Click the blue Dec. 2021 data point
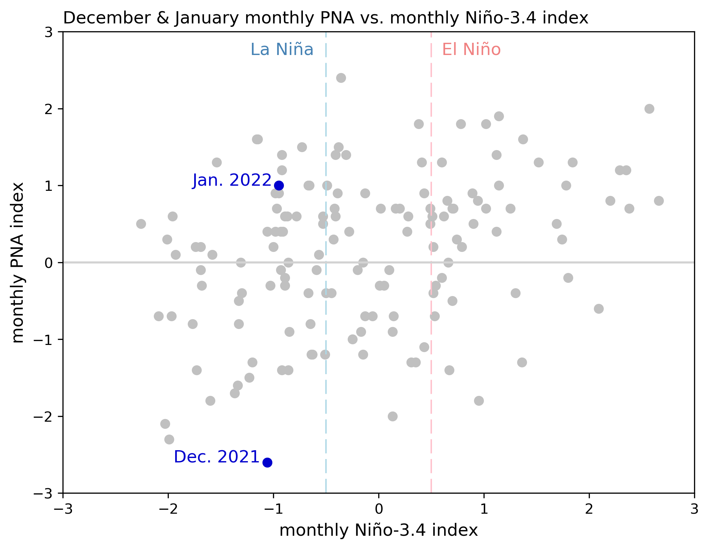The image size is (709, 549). (267, 462)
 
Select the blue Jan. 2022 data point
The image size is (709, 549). (279, 185)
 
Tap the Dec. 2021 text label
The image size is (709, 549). (217, 457)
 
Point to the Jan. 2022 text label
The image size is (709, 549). (232, 180)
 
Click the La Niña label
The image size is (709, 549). (282, 50)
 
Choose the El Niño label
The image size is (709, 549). (471, 50)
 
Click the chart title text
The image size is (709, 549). (325, 18)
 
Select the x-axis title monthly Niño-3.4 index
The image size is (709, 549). (378, 530)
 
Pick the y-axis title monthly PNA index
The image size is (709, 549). (18, 262)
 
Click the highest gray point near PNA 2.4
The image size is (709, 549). (341, 78)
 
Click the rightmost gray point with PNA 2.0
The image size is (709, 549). (649, 109)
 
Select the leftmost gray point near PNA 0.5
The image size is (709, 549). (141, 224)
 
